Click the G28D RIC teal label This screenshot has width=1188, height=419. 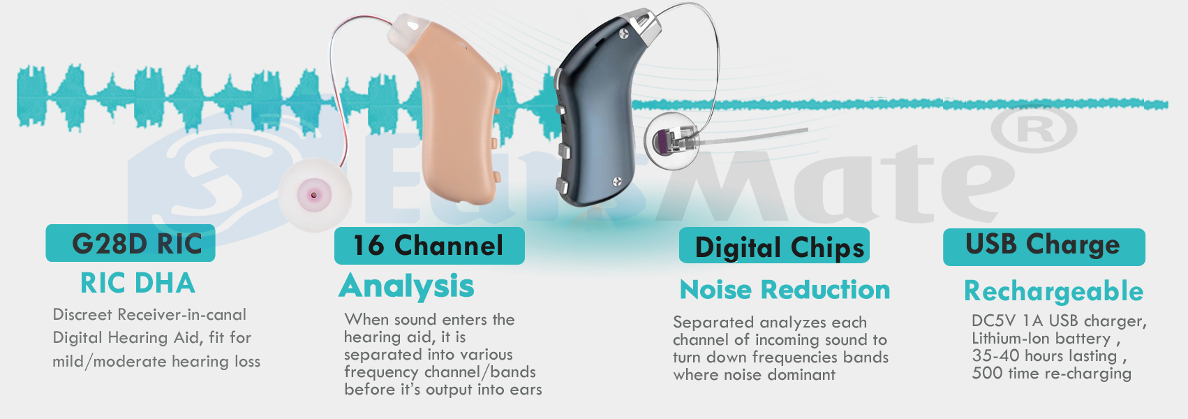coord(131,243)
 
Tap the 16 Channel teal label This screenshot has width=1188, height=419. coord(429,246)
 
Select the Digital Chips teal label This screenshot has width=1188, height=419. coord(774,246)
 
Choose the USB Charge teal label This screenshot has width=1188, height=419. coord(1044,247)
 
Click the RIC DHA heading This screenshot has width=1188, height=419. coord(138,284)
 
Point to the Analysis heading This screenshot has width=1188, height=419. coord(406,286)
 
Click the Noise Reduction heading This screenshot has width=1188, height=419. coord(785,290)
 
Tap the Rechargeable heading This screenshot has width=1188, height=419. coord(1053,291)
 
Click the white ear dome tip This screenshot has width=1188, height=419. coord(315,195)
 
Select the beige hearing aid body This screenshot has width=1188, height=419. coord(456,117)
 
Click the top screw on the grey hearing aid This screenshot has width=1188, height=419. coord(624,34)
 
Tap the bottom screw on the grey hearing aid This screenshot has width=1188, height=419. coord(617,182)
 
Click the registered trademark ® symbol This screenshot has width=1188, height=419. coord(1034,129)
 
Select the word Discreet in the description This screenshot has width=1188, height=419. coord(82,314)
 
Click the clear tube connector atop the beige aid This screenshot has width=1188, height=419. coord(408,30)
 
